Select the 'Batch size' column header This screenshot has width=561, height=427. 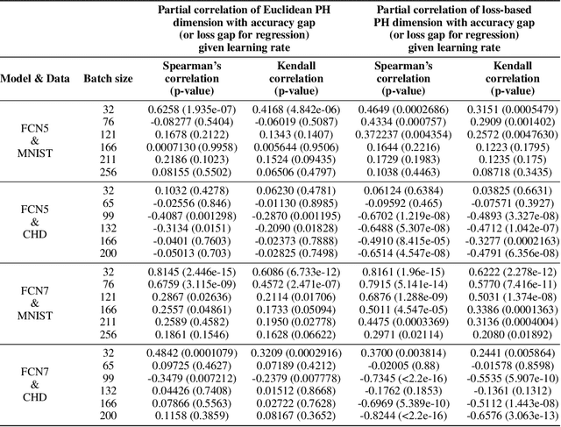(109, 78)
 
